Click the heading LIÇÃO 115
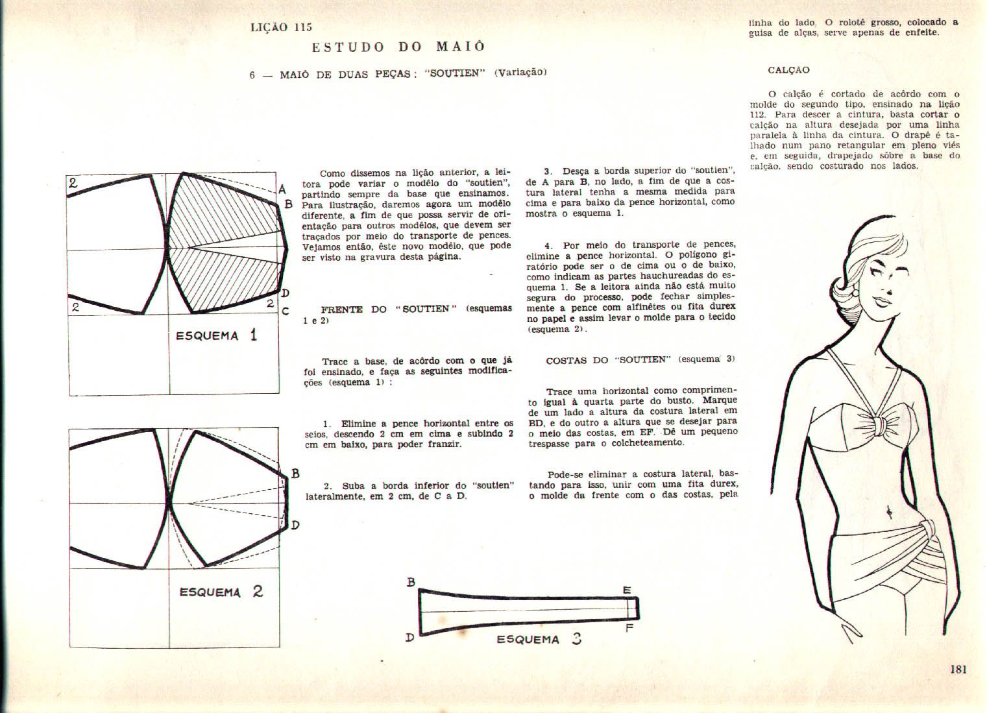281,27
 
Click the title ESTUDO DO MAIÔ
398,47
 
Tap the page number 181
958,669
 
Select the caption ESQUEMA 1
217,335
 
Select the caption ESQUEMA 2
221,592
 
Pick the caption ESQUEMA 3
539,639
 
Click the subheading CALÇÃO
788,70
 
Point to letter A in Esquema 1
282,190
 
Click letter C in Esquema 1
285,311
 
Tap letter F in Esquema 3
629,627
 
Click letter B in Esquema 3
410,582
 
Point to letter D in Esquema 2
295,525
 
